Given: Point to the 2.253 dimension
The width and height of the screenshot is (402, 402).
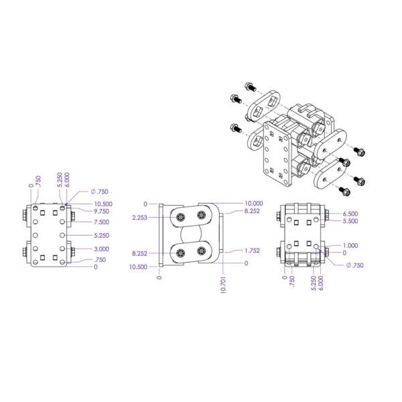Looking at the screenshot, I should [x=139, y=217].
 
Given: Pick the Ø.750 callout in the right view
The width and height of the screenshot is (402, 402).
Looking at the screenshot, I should [x=355, y=265].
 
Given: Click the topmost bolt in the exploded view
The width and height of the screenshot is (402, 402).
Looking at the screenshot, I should [x=250, y=86].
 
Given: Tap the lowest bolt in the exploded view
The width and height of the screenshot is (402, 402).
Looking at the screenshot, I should [x=346, y=191].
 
